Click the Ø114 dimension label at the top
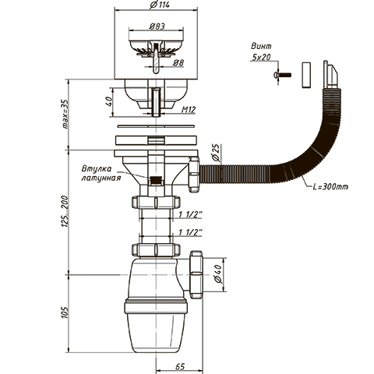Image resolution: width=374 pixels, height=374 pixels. click(160, 5)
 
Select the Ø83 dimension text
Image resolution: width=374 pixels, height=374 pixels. click(157, 26)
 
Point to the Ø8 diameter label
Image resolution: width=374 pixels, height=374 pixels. click(178, 63)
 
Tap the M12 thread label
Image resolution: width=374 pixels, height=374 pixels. click(189, 110)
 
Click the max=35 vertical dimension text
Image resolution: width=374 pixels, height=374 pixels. click(65, 114)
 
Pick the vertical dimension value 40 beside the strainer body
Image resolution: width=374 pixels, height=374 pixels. click(109, 101)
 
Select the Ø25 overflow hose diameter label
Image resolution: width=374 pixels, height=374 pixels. click(216, 153)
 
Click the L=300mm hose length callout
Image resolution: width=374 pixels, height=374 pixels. click(330, 186)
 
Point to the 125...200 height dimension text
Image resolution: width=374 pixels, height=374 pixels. click(65, 212)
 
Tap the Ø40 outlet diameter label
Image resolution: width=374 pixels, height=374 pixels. click(218, 274)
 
